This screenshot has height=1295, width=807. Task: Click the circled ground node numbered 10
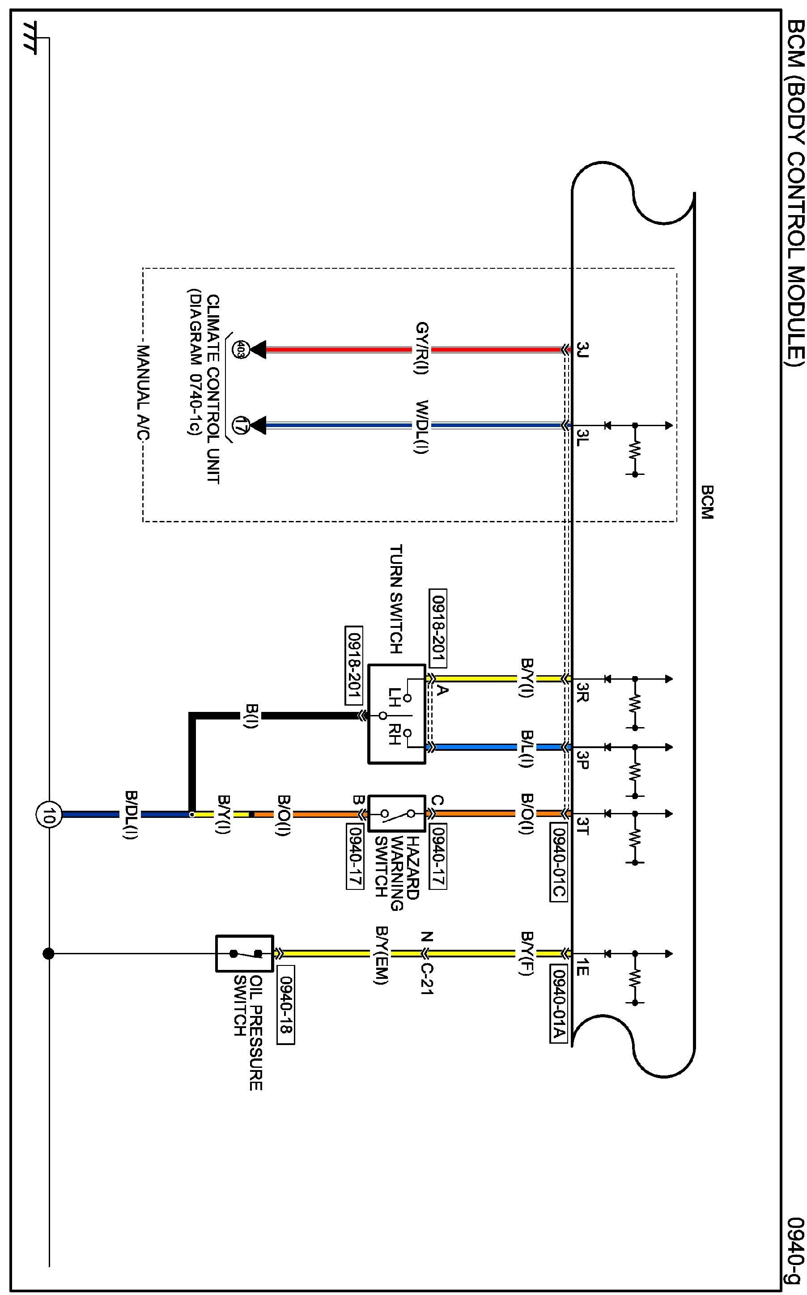tap(49, 814)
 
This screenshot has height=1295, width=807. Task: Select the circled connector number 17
tap(240, 426)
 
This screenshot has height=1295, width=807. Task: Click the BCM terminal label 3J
tap(582, 351)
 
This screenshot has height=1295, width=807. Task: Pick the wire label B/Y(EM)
tap(382, 955)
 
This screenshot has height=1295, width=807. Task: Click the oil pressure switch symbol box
tap(244, 953)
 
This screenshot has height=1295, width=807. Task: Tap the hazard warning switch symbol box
tap(396, 813)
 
